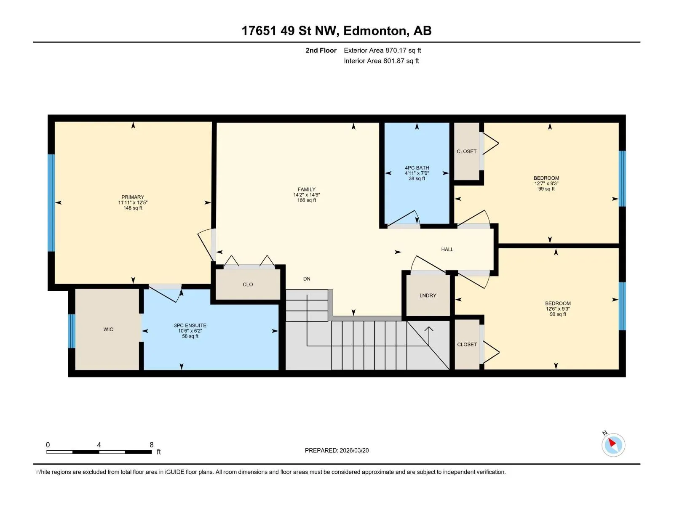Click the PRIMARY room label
tap(133, 197)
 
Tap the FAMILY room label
tap(306, 189)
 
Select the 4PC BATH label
tap(417, 168)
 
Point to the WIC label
tap(108, 330)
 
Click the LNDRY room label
tap(428, 295)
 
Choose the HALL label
tap(447, 249)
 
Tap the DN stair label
tap(307, 279)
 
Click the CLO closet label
tap(248, 284)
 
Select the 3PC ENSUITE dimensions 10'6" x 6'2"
tap(190, 331)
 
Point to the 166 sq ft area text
tap(306, 200)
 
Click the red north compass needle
tap(612, 442)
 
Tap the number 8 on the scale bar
tap(151, 444)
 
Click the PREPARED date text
tap(337, 450)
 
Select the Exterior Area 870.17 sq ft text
tap(382, 50)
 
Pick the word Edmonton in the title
tap(376, 31)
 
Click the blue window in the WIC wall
tap(71, 331)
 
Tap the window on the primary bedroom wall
tap(51, 203)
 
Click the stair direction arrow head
tap(429, 330)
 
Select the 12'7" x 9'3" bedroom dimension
tap(546, 183)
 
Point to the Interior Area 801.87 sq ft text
tap(381, 61)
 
